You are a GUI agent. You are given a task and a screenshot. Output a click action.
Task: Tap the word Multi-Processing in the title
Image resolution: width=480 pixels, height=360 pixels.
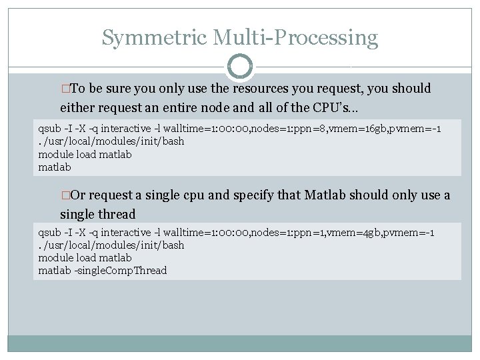(x=295, y=37)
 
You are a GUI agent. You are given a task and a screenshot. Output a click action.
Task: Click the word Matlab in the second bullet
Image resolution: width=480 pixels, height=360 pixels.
(x=327, y=195)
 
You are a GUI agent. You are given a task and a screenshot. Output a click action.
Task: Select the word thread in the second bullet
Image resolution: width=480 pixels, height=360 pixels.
(x=117, y=214)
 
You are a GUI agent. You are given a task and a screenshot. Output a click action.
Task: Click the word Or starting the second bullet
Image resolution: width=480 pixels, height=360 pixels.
(x=77, y=195)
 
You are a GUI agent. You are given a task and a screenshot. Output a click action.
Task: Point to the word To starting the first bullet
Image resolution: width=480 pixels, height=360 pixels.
(x=77, y=89)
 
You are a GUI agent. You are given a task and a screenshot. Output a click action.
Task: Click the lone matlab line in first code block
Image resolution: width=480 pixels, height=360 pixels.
(x=55, y=167)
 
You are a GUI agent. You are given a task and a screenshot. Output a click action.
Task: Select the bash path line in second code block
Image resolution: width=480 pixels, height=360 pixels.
(x=111, y=245)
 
